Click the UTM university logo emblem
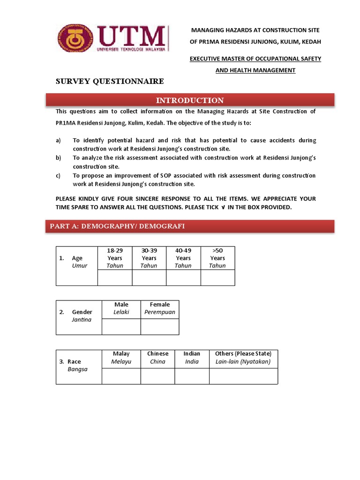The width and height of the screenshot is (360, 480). (75, 39)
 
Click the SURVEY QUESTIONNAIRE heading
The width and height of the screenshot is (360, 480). (110, 82)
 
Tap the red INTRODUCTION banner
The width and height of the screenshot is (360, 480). (190, 100)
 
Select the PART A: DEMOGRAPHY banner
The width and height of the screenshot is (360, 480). (190, 226)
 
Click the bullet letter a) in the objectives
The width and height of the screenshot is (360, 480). (58, 141)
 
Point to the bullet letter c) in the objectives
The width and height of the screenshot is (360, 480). (58, 176)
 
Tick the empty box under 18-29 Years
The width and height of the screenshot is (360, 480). (115, 277)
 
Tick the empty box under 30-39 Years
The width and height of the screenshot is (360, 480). (149, 277)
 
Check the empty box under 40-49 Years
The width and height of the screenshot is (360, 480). (183, 277)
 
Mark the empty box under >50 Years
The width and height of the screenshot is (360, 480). (217, 277)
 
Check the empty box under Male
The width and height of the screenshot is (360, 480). (121, 327)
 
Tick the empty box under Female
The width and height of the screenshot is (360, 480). (160, 327)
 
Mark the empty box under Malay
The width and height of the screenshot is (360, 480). (121, 376)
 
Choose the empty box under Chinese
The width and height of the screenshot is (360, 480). (157, 376)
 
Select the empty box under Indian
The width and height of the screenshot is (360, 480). (192, 376)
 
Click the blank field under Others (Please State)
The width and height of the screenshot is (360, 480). (243, 376)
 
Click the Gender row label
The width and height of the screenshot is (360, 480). (79, 315)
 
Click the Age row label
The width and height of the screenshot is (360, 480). (77, 262)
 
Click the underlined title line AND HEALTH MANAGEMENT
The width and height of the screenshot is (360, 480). (255, 70)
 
